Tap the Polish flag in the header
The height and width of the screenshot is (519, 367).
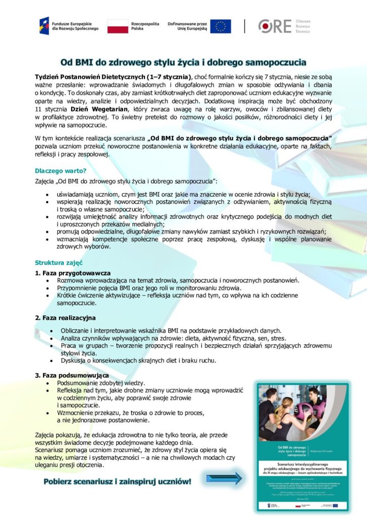118,26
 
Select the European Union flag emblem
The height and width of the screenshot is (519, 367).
221,26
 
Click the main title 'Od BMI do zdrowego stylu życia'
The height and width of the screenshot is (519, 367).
183,63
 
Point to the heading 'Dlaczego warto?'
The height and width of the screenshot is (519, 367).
60,170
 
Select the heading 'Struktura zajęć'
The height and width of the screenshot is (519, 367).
58,263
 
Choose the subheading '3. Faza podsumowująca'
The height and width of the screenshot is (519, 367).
72,375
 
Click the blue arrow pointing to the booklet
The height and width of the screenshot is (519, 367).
224,478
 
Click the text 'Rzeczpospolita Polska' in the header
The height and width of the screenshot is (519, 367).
145,26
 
